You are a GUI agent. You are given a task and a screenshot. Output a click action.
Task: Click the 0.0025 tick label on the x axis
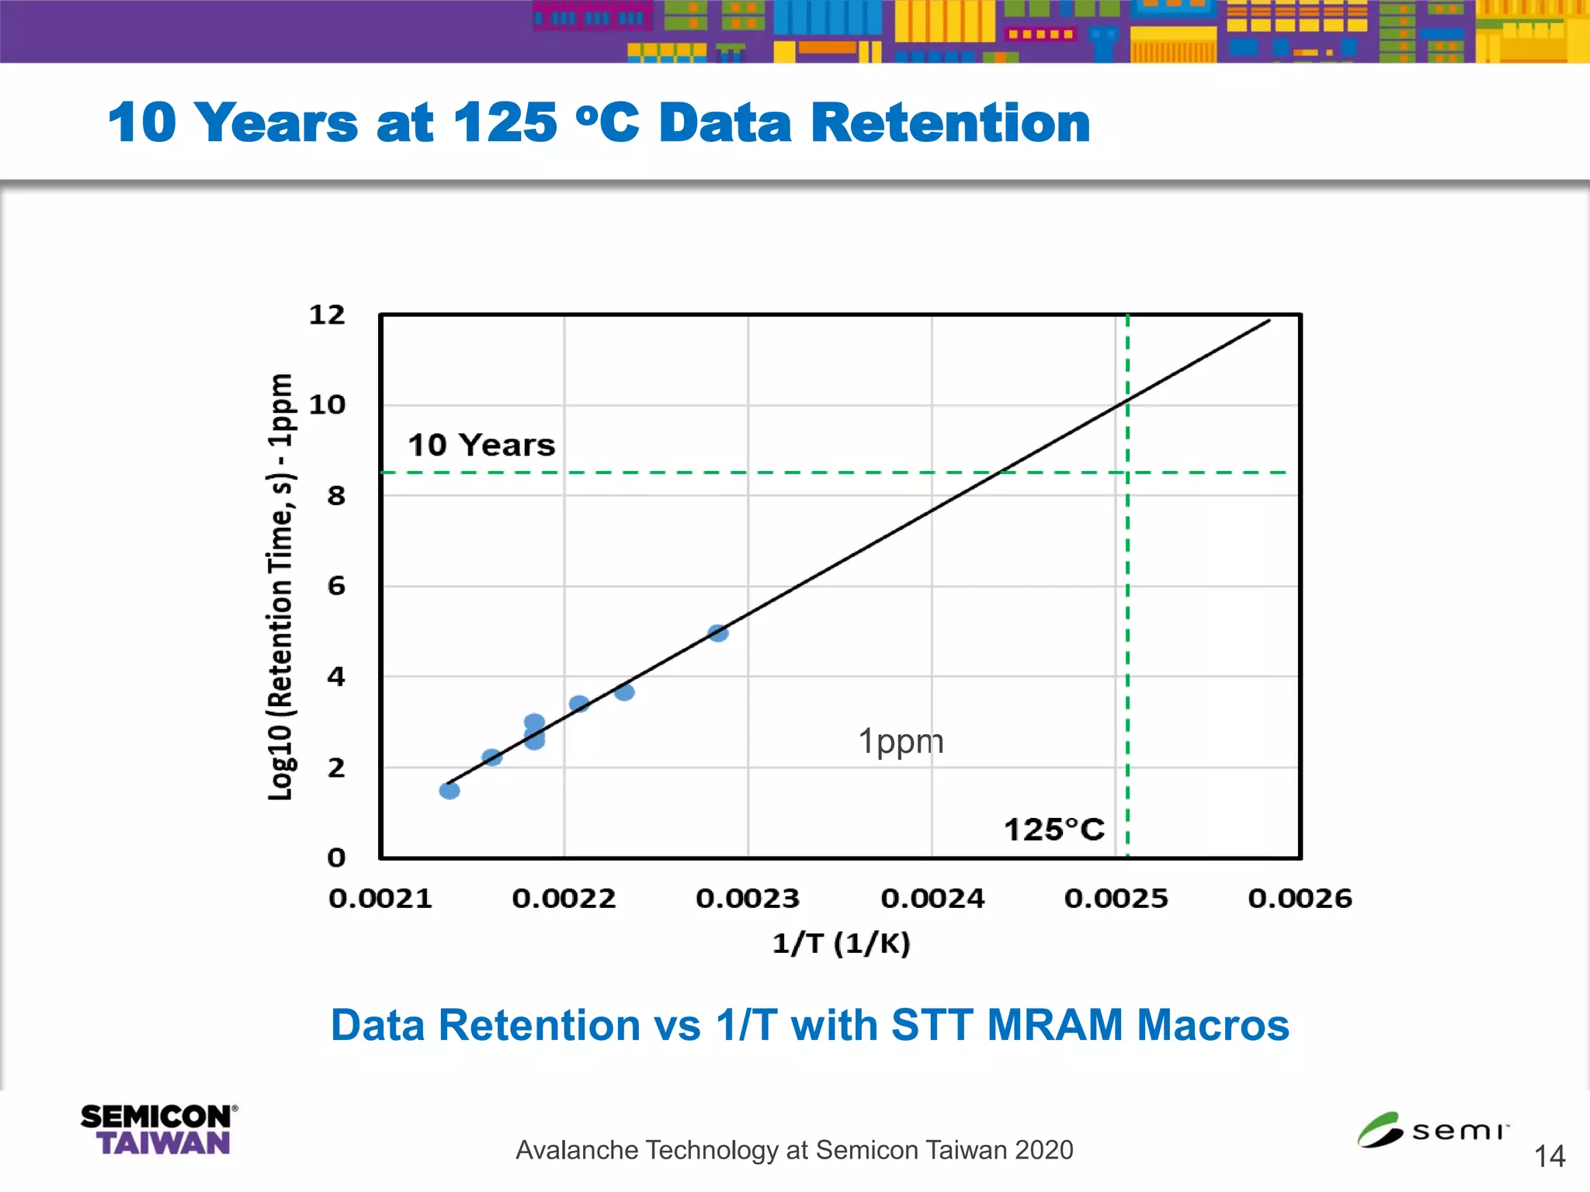tap(1116, 899)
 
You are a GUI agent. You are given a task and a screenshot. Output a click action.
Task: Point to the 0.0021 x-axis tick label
tap(380, 899)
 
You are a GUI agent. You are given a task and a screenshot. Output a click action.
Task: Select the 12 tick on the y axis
tap(327, 314)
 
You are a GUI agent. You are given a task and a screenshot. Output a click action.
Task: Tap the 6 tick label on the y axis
tap(335, 585)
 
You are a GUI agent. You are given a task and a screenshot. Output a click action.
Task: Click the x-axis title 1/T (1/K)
tap(841, 943)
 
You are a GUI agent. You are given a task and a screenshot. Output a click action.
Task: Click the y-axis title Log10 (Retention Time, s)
tap(280, 587)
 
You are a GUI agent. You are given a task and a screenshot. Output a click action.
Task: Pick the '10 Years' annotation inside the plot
tap(481, 445)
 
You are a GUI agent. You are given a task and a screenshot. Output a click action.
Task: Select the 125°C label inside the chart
tap(1054, 830)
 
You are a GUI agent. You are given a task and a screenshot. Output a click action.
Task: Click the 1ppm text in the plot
tap(901, 741)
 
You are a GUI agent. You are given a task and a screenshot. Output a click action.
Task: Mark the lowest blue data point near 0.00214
tap(450, 790)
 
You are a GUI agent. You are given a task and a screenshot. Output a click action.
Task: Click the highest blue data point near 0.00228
tap(718, 633)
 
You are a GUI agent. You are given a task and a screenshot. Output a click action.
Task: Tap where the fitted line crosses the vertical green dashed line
tap(1127, 401)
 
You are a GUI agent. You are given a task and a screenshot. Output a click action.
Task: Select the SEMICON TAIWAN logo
tap(158, 1130)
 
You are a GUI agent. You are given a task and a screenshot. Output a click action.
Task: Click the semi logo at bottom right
tap(1432, 1130)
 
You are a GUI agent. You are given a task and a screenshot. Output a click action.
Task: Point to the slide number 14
tap(1550, 1156)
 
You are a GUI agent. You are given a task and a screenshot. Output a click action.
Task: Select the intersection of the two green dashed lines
tap(1127, 472)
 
